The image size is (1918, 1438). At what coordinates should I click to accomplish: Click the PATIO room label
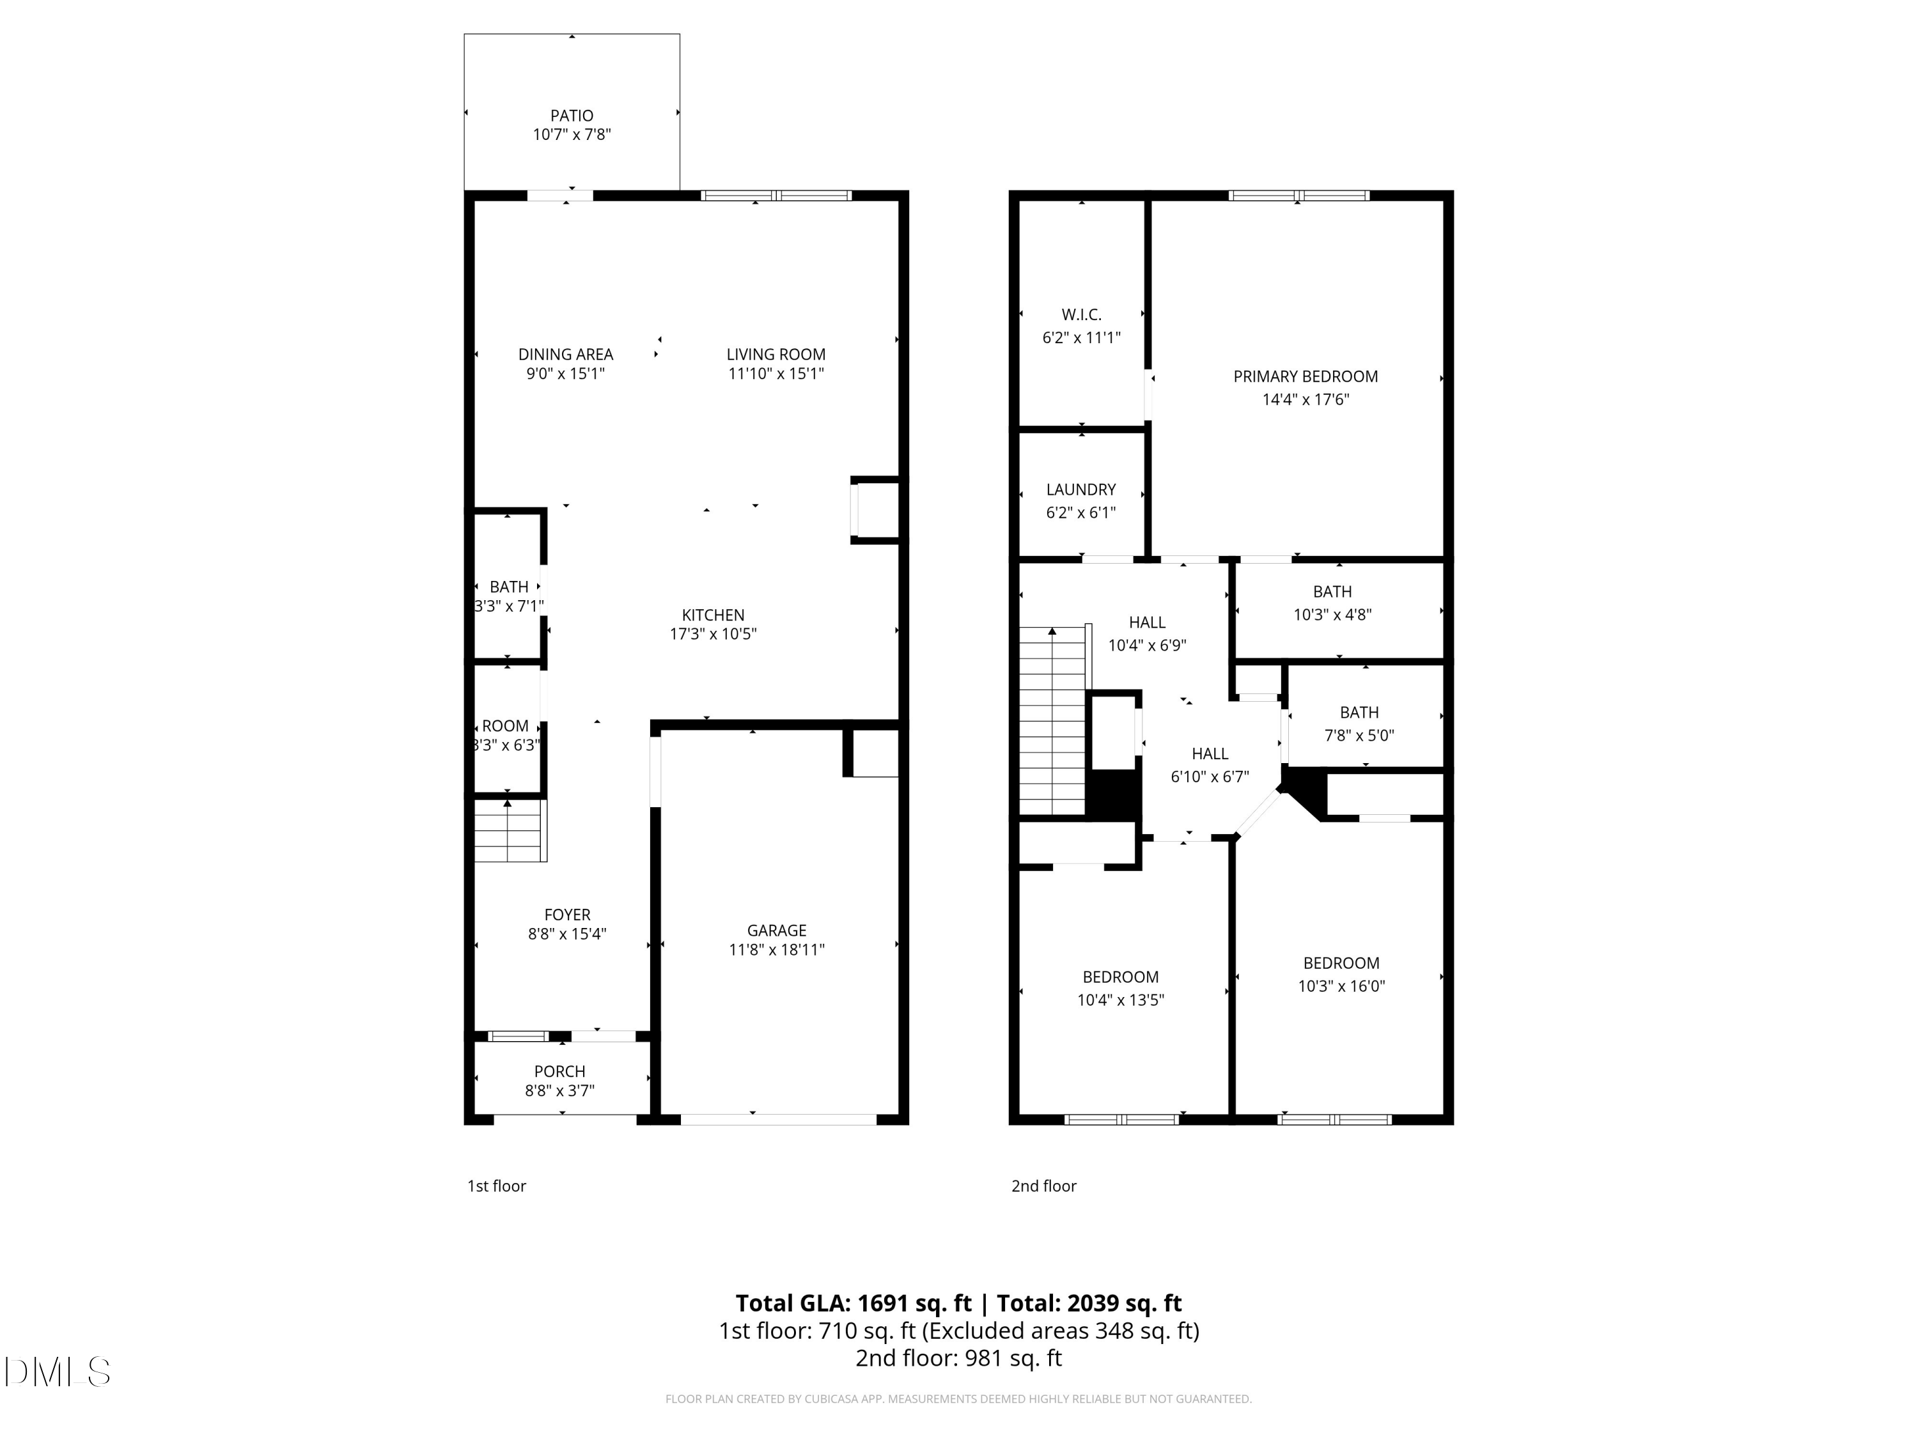click(x=572, y=115)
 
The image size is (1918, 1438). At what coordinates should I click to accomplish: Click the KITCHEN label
click(x=713, y=615)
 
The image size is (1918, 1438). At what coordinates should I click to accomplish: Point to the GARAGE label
click(x=776, y=930)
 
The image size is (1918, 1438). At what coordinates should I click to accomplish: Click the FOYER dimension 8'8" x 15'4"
click(x=567, y=934)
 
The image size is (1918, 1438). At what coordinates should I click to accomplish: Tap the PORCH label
click(x=559, y=1071)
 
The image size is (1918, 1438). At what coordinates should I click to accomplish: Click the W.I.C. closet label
click(x=1081, y=314)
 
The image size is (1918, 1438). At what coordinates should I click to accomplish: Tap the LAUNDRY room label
click(x=1080, y=490)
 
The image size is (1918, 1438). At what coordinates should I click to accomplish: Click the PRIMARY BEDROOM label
click(x=1305, y=376)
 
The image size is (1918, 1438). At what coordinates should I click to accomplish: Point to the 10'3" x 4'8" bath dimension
click(x=1332, y=615)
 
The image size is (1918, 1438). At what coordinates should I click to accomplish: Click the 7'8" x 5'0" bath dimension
click(x=1359, y=735)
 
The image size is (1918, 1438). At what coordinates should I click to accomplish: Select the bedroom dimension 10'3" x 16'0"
click(x=1341, y=986)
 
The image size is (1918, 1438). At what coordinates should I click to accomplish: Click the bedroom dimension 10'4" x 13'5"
click(x=1120, y=1000)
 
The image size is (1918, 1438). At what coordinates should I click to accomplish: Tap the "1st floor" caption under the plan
click(x=496, y=1186)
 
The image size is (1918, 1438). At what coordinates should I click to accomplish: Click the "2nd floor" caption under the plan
click(x=1043, y=1186)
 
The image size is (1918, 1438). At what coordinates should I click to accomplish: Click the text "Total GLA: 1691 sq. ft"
click(x=854, y=1303)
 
